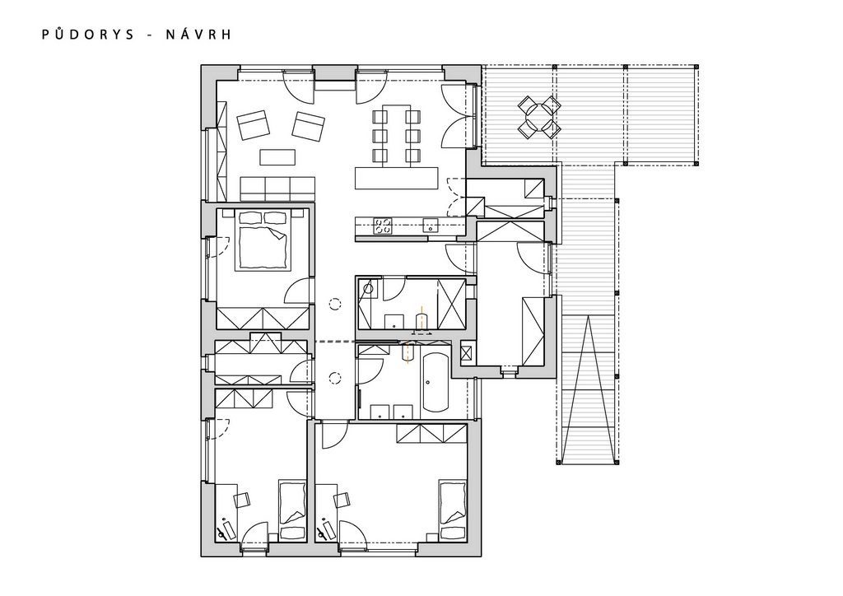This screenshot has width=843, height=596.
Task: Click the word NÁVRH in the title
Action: click(198, 35)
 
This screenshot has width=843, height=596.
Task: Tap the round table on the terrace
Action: click(538, 117)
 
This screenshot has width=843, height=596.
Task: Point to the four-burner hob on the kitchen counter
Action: click(383, 226)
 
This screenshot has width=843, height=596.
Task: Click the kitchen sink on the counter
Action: click(431, 226)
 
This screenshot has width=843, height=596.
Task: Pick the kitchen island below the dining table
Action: click(396, 178)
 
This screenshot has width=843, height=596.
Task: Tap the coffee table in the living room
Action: click(277, 157)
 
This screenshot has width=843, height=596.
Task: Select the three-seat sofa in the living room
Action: click(277, 189)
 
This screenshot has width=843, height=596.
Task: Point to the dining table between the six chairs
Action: click(397, 134)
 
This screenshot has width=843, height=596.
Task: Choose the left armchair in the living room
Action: click(254, 125)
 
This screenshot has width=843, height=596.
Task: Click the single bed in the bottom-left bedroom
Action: click(293, 510)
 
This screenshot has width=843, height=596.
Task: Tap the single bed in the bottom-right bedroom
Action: click(452, 510)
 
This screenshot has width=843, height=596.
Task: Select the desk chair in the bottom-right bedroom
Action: click(342, 499)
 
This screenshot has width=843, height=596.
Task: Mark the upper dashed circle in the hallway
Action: click(336, 305)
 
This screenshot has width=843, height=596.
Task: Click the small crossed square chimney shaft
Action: click(466, 353)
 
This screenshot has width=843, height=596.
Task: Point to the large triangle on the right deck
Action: click(588, 387)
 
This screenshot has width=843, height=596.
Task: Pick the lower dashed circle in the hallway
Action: click(336, 378)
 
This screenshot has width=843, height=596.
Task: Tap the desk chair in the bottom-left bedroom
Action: click(243, 499)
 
